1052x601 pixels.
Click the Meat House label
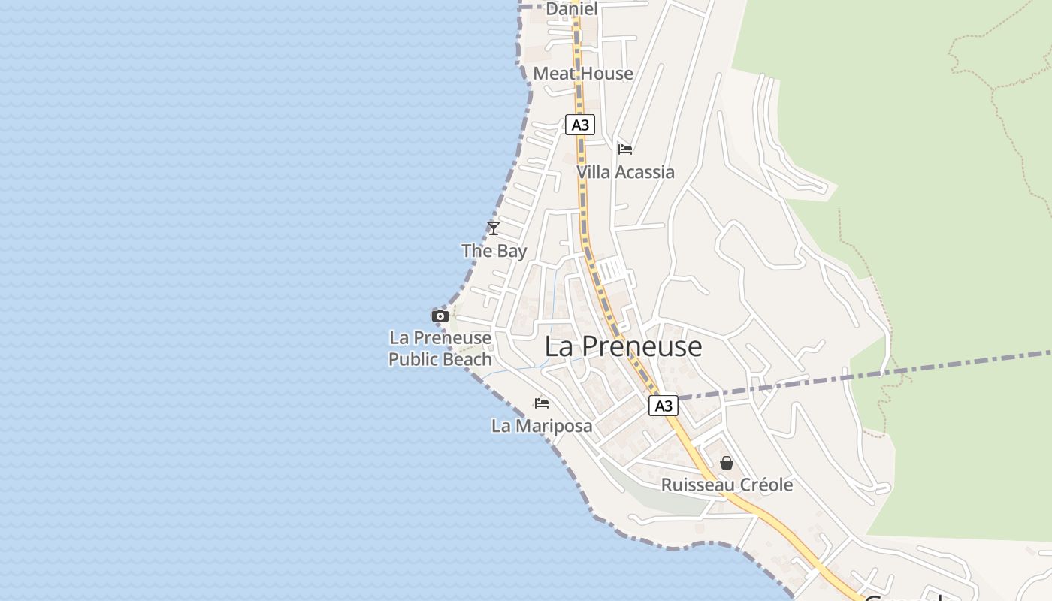click(583, 74)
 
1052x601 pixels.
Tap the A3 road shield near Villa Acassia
click(580, 125)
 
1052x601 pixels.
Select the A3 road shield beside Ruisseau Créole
click(664, 406)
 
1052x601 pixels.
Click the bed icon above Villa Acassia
click(624, 149)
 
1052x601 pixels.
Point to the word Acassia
click(645, 172)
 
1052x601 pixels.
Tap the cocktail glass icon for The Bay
click(494, 228)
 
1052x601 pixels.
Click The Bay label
click(494, 251)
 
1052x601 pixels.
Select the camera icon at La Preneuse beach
click(440, 316)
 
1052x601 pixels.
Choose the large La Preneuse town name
click(623, 346)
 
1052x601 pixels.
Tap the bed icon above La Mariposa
click(541, 403)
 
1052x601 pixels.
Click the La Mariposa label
click(542, 426)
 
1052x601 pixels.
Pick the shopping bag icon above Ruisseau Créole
click(727, 463)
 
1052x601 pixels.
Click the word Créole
click(763, 485)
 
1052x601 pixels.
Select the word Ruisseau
click(697, 485)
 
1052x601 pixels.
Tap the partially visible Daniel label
click(572, 9)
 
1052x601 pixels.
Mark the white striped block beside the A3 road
click(610, 269)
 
